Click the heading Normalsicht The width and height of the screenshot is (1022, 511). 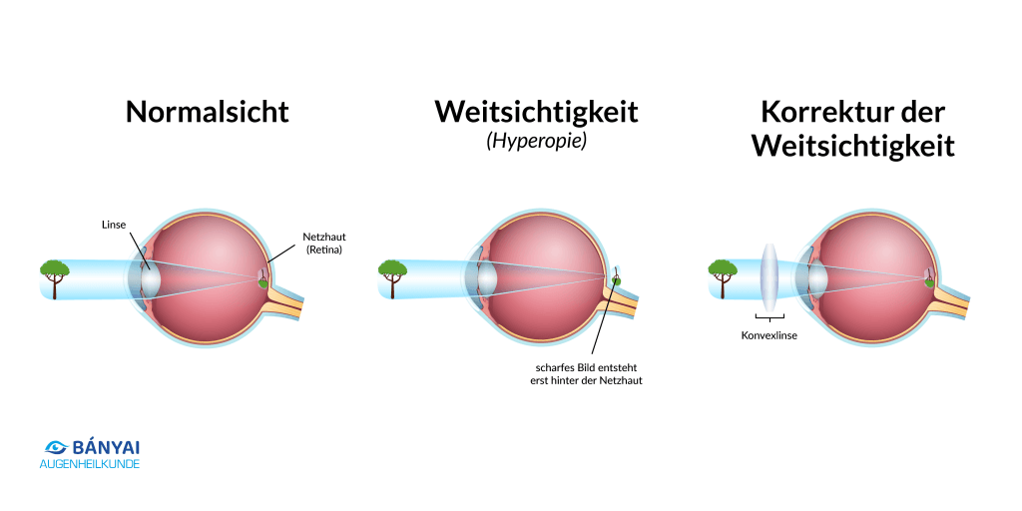(x=207, y=111)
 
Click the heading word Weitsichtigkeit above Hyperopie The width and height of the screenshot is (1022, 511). (x=536, y=111)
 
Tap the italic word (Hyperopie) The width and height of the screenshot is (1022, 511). (x=536, y=142)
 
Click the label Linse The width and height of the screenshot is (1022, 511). (x=113, y=225)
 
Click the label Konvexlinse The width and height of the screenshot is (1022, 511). (x=768, y=335)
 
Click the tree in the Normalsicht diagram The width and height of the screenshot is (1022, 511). (x=54, y=274)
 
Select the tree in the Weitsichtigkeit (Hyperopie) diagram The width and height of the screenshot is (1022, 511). (x=391, y=274)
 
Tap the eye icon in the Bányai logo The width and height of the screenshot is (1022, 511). (x=55, y=448)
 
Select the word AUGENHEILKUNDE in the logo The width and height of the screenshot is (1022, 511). (x=90, y=465)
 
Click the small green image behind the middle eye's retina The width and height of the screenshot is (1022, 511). (x=616, y=279)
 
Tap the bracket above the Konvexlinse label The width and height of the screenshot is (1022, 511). (x=768, y=317)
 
